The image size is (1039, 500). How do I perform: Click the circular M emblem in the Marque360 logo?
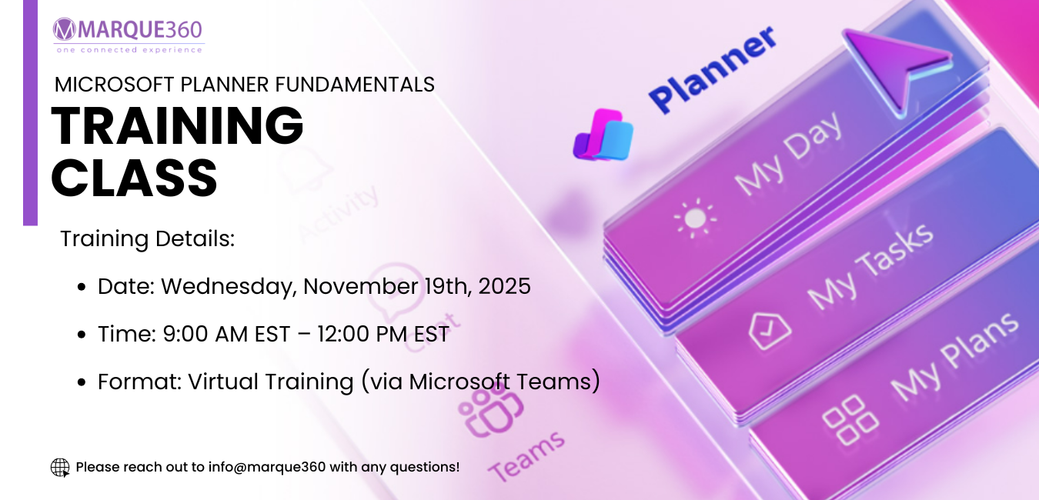click(x=65, y=29)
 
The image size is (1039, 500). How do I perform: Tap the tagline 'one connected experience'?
click(x=129, y=50)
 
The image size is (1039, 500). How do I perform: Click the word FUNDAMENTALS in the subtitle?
click(x=355, y=85)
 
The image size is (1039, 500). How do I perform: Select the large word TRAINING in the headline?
click(x=177, y=126)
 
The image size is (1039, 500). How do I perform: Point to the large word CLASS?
click(x=134, y=178)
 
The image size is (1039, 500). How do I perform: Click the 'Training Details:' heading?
click(x=148, y=239)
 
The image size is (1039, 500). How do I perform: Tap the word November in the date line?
click(x=360, y=286)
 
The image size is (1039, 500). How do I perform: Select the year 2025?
click(x=505, y=286)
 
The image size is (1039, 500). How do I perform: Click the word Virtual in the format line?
click(x=222, y=382)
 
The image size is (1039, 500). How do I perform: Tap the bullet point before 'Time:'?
click(x=82, y=334)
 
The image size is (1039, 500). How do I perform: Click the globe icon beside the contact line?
click(x=60, y=468)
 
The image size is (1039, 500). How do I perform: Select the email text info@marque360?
click(x=267, y=467)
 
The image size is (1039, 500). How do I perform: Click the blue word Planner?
click(x=713, y=69)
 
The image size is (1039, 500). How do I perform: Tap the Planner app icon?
click(x=603, y=135)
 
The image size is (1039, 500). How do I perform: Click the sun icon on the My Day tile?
click(x=695, y=218)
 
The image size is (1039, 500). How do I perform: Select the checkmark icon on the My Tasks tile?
click(x=770, y=331)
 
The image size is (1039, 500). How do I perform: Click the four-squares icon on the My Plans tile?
click(x=850, y=420)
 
